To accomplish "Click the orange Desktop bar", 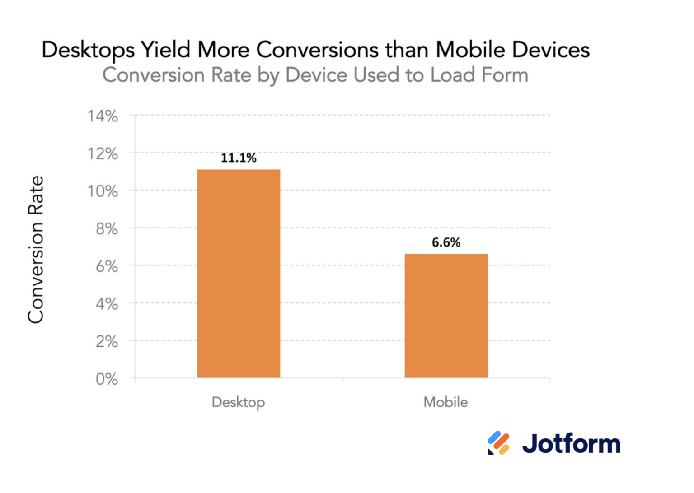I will coord(239,274).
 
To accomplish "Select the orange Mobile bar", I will coord(446,316).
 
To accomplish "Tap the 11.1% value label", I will coord(239,158).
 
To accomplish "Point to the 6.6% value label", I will coord(446,242).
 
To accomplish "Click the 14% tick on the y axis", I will coord(103,116).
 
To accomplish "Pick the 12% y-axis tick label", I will coord(103,154).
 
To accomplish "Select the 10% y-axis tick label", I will coord(103,191).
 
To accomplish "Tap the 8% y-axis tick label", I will coord(107,229).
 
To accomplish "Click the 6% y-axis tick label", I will coord(107,266).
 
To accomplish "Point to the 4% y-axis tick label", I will coord(107,304).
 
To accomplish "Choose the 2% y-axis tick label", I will coord(107,341).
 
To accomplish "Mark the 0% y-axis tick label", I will coord(107,379).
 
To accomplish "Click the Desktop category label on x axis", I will coord(238,402).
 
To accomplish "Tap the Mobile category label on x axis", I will coord(445,402).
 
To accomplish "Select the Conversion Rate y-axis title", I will coord(36,249).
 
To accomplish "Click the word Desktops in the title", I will coord(88,50).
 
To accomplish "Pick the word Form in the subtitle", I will coord(505,75).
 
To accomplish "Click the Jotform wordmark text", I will coord(571,443).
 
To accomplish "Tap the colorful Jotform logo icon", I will coord(498,443).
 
